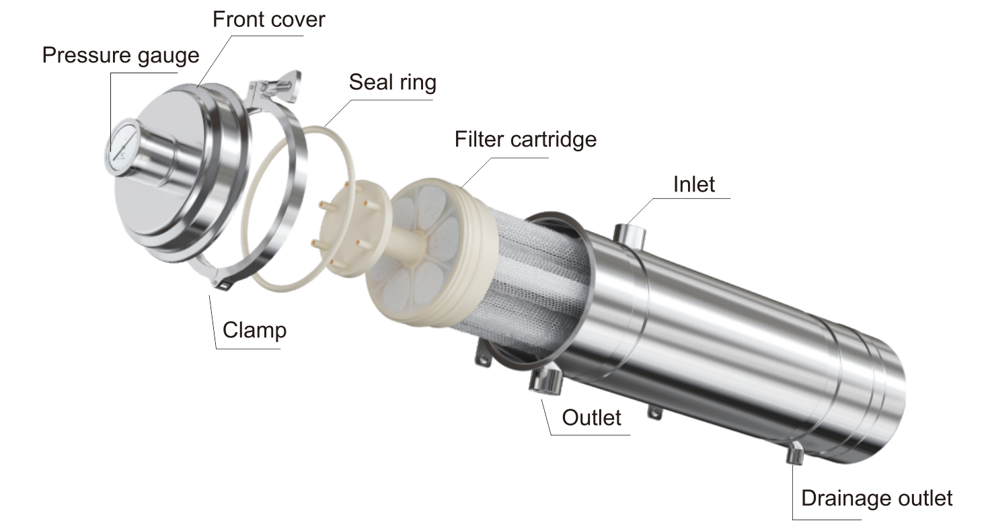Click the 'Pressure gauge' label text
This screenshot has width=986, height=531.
coord(120,54)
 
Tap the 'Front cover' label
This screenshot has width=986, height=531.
coord(268,19)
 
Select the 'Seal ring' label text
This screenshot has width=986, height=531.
coord(392,82)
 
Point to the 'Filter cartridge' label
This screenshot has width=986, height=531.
coord(525,139)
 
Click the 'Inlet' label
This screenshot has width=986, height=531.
coord(694,183)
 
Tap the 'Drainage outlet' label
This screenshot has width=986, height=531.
coord(876,498)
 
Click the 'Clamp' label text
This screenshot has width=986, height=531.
coord(254,330)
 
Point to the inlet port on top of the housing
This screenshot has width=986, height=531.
coord(630,234)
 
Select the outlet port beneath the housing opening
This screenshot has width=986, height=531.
coord(545,380)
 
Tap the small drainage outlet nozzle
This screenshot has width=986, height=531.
coord(795,455)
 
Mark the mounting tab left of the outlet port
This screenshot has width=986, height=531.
coord(482,356)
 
